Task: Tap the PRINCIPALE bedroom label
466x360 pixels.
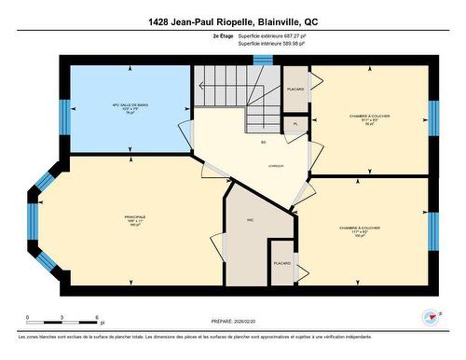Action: (x=135, y=220)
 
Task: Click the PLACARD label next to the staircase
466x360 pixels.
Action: (x=295, y=90)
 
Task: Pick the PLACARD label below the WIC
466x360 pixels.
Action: (x=281, y=264)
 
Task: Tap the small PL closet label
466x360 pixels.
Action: (x=295, y=124)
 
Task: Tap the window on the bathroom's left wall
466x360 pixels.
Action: (x=65, y=116)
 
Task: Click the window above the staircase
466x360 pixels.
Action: (x=263, y=60)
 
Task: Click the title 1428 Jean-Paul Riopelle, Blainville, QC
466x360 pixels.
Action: (x=232, y=21)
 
